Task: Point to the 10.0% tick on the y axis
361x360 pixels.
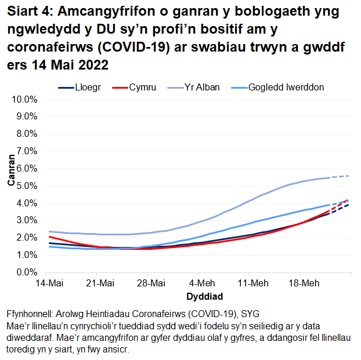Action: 24,100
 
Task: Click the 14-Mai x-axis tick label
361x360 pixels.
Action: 49,283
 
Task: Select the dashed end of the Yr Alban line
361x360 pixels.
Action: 340,176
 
